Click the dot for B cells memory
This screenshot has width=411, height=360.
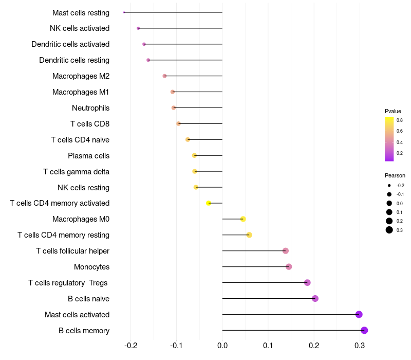(x=364, y=330)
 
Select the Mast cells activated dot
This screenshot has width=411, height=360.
(x=359, y=314)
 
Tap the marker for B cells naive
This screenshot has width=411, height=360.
(x=315, y=298)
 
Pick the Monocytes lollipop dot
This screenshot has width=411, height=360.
(x=289, y=266)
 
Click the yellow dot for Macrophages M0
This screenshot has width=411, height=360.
(x=243, y=219)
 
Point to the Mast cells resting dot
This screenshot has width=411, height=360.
(x=124, y=12)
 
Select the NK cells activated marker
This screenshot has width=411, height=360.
(x=138, y=28)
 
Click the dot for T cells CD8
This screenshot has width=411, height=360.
(x=178, y=123)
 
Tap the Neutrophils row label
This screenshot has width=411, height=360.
(x=90, y=108)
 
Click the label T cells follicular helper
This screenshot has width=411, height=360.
(x=72, y=251)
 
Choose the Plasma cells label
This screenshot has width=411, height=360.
(x=88, y=156)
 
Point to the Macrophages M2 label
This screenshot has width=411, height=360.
(x=81, y=76)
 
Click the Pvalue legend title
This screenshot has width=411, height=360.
(x=393, y=111)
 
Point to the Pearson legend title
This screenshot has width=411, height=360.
(x=395, y=175)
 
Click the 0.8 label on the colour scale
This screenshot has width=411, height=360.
(x=399, y=120)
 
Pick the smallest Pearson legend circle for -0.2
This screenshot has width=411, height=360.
(x=389, y=185)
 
